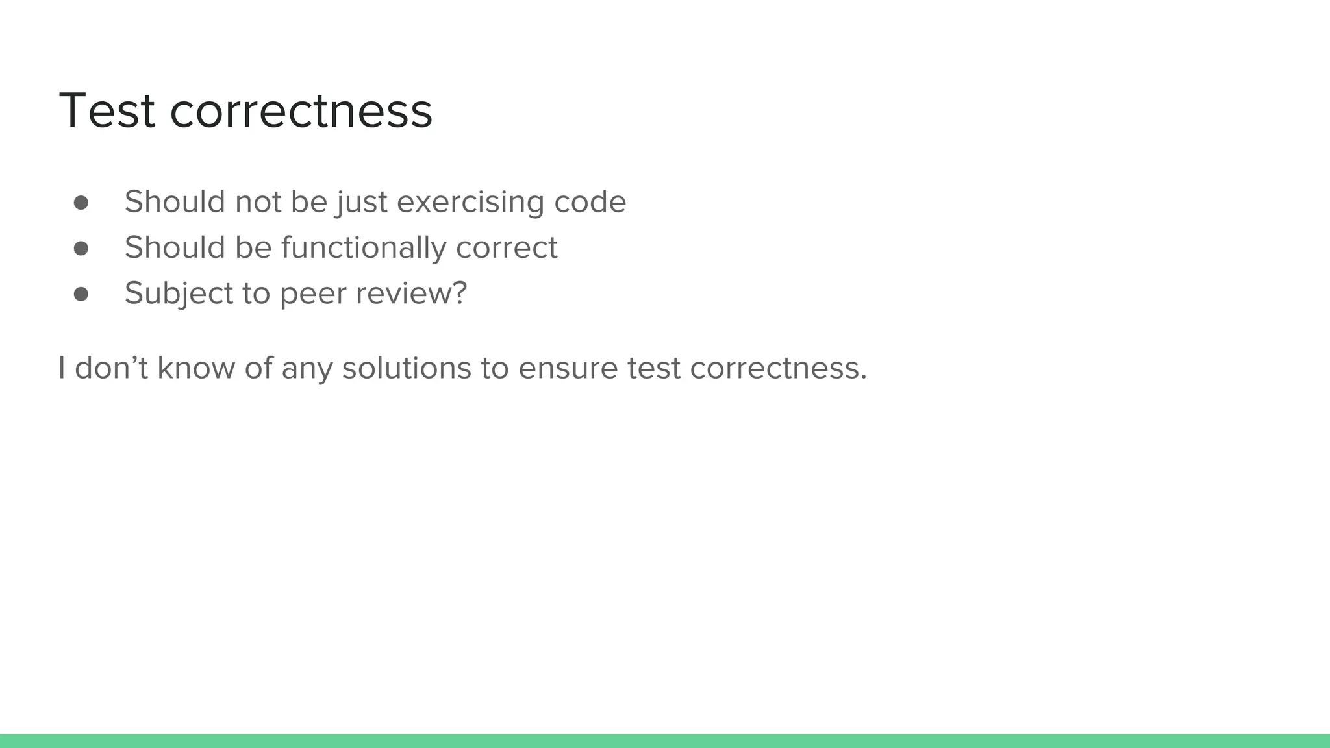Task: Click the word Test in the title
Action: pos(107,110)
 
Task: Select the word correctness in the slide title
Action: pos(301,110)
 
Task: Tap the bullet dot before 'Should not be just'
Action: pos(81,203)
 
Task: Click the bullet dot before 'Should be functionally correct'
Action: pos(81,248)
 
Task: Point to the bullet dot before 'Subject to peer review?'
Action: pos(81,294)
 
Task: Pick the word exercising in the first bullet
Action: pos(470,202)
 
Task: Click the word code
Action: pos(590,202)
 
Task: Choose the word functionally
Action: pos(364,247)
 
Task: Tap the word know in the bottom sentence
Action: pos(195,368)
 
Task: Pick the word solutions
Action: pos(407,368)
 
